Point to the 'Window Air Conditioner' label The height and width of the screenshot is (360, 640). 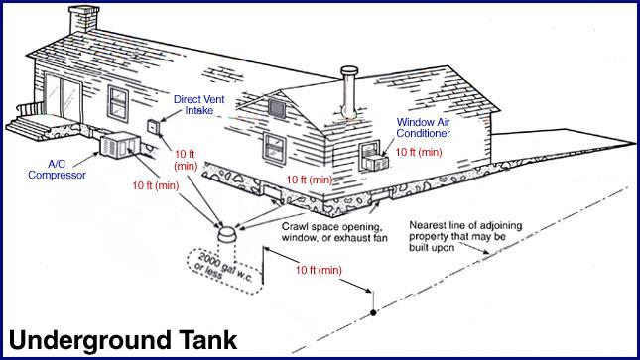[424, 127]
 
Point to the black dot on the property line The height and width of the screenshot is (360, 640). [373, 312]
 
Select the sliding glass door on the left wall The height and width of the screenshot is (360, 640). [66, 98]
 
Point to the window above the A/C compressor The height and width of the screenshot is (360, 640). [119, 101]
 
